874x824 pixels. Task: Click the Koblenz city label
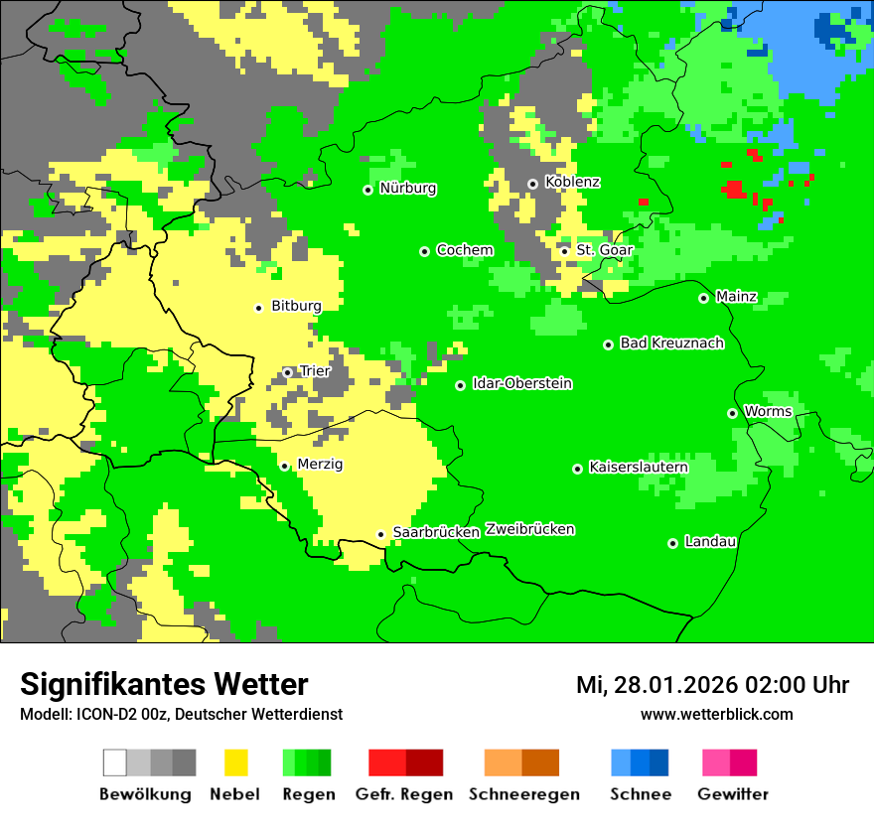point(572,183)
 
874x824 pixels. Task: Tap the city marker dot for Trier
point(288,372)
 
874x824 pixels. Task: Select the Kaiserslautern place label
point(639,468)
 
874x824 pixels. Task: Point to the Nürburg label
point(407,189)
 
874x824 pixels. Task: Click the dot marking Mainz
point(703,298)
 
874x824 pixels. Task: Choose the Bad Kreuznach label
point(671,343)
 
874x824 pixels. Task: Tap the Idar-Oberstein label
point(522,384)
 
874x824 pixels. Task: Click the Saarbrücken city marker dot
point(380,534)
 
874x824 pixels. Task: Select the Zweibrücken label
point(530,530)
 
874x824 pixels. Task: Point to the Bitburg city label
point(296,307)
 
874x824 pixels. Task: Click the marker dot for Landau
point(672,543)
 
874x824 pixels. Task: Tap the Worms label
point(768,412)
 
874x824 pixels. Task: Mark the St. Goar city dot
point(564,251)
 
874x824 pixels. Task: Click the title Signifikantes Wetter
point(164,685)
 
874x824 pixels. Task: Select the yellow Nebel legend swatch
point(235,762)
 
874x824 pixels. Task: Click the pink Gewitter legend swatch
point(716,762)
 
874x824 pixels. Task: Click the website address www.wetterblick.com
point(716,715)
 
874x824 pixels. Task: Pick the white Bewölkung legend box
point(115,762)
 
